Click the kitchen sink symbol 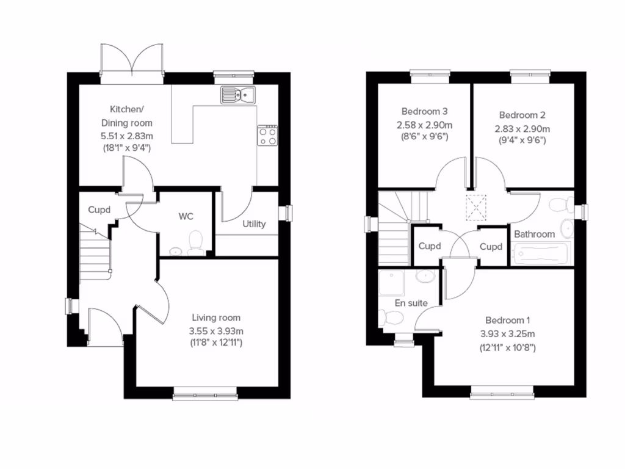click(239, 95)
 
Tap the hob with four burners click(267, 136)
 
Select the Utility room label click(254, 224)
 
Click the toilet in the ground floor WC click(195, 242)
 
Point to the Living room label click(216, 318)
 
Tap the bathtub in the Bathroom click(542, 253)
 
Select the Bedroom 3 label click(425, 111)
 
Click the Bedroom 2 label click(522, 115)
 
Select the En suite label click(411, 303)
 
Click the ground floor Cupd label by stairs click(99, 209)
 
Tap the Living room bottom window click(204, 396)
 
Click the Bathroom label click(534, 234)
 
